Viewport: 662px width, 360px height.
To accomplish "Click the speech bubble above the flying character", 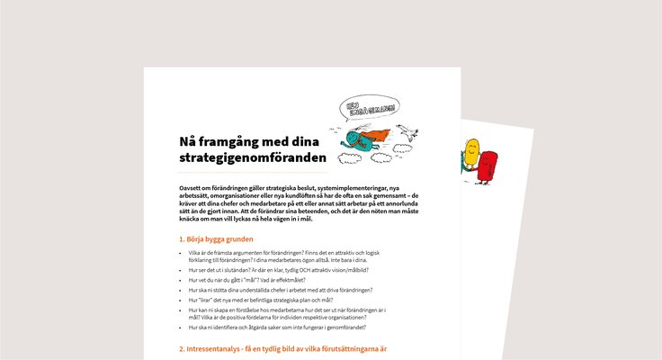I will tap(369, 110).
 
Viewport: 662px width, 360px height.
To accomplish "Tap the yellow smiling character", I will tap(470, 154).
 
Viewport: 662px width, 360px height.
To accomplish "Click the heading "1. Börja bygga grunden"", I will tap(216, 239).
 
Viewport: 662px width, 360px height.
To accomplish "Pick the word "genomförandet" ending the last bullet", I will tap(343, 328).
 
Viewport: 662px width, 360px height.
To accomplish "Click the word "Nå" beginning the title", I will tap(186, 142).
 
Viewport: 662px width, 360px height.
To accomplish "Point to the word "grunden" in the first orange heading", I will tap(237, 239).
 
